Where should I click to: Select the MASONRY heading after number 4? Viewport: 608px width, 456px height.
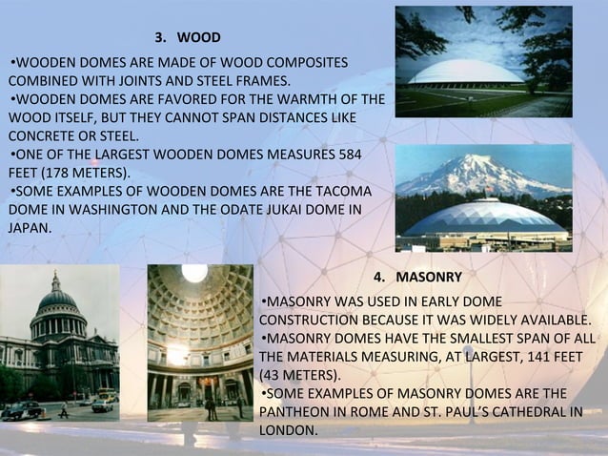pos(429,278)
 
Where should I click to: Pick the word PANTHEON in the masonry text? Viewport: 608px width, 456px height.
pos(293,412)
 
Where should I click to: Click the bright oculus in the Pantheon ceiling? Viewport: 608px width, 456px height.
pos(194,274)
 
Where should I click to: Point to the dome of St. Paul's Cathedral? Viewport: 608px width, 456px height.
pos(57,301)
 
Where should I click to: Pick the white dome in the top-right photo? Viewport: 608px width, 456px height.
pos(465,73)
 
